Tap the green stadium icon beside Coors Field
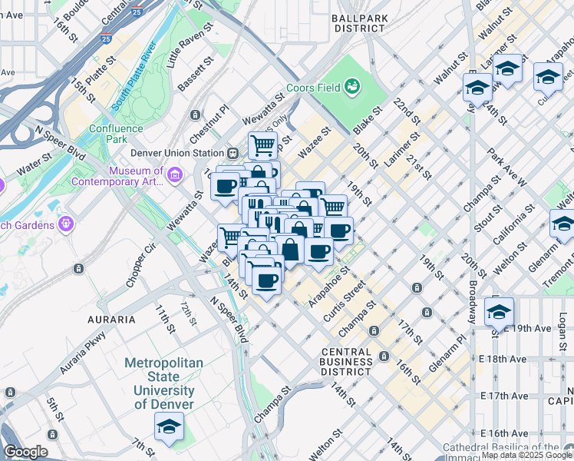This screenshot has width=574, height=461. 353,86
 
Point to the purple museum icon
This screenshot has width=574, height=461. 175,177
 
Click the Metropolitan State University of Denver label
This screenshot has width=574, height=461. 163,383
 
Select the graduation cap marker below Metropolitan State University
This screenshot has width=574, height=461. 169,426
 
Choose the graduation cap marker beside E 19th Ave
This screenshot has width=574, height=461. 499,312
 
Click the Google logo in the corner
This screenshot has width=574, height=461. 25,452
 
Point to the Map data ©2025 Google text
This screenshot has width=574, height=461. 527,455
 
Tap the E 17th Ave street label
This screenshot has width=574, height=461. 504,395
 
